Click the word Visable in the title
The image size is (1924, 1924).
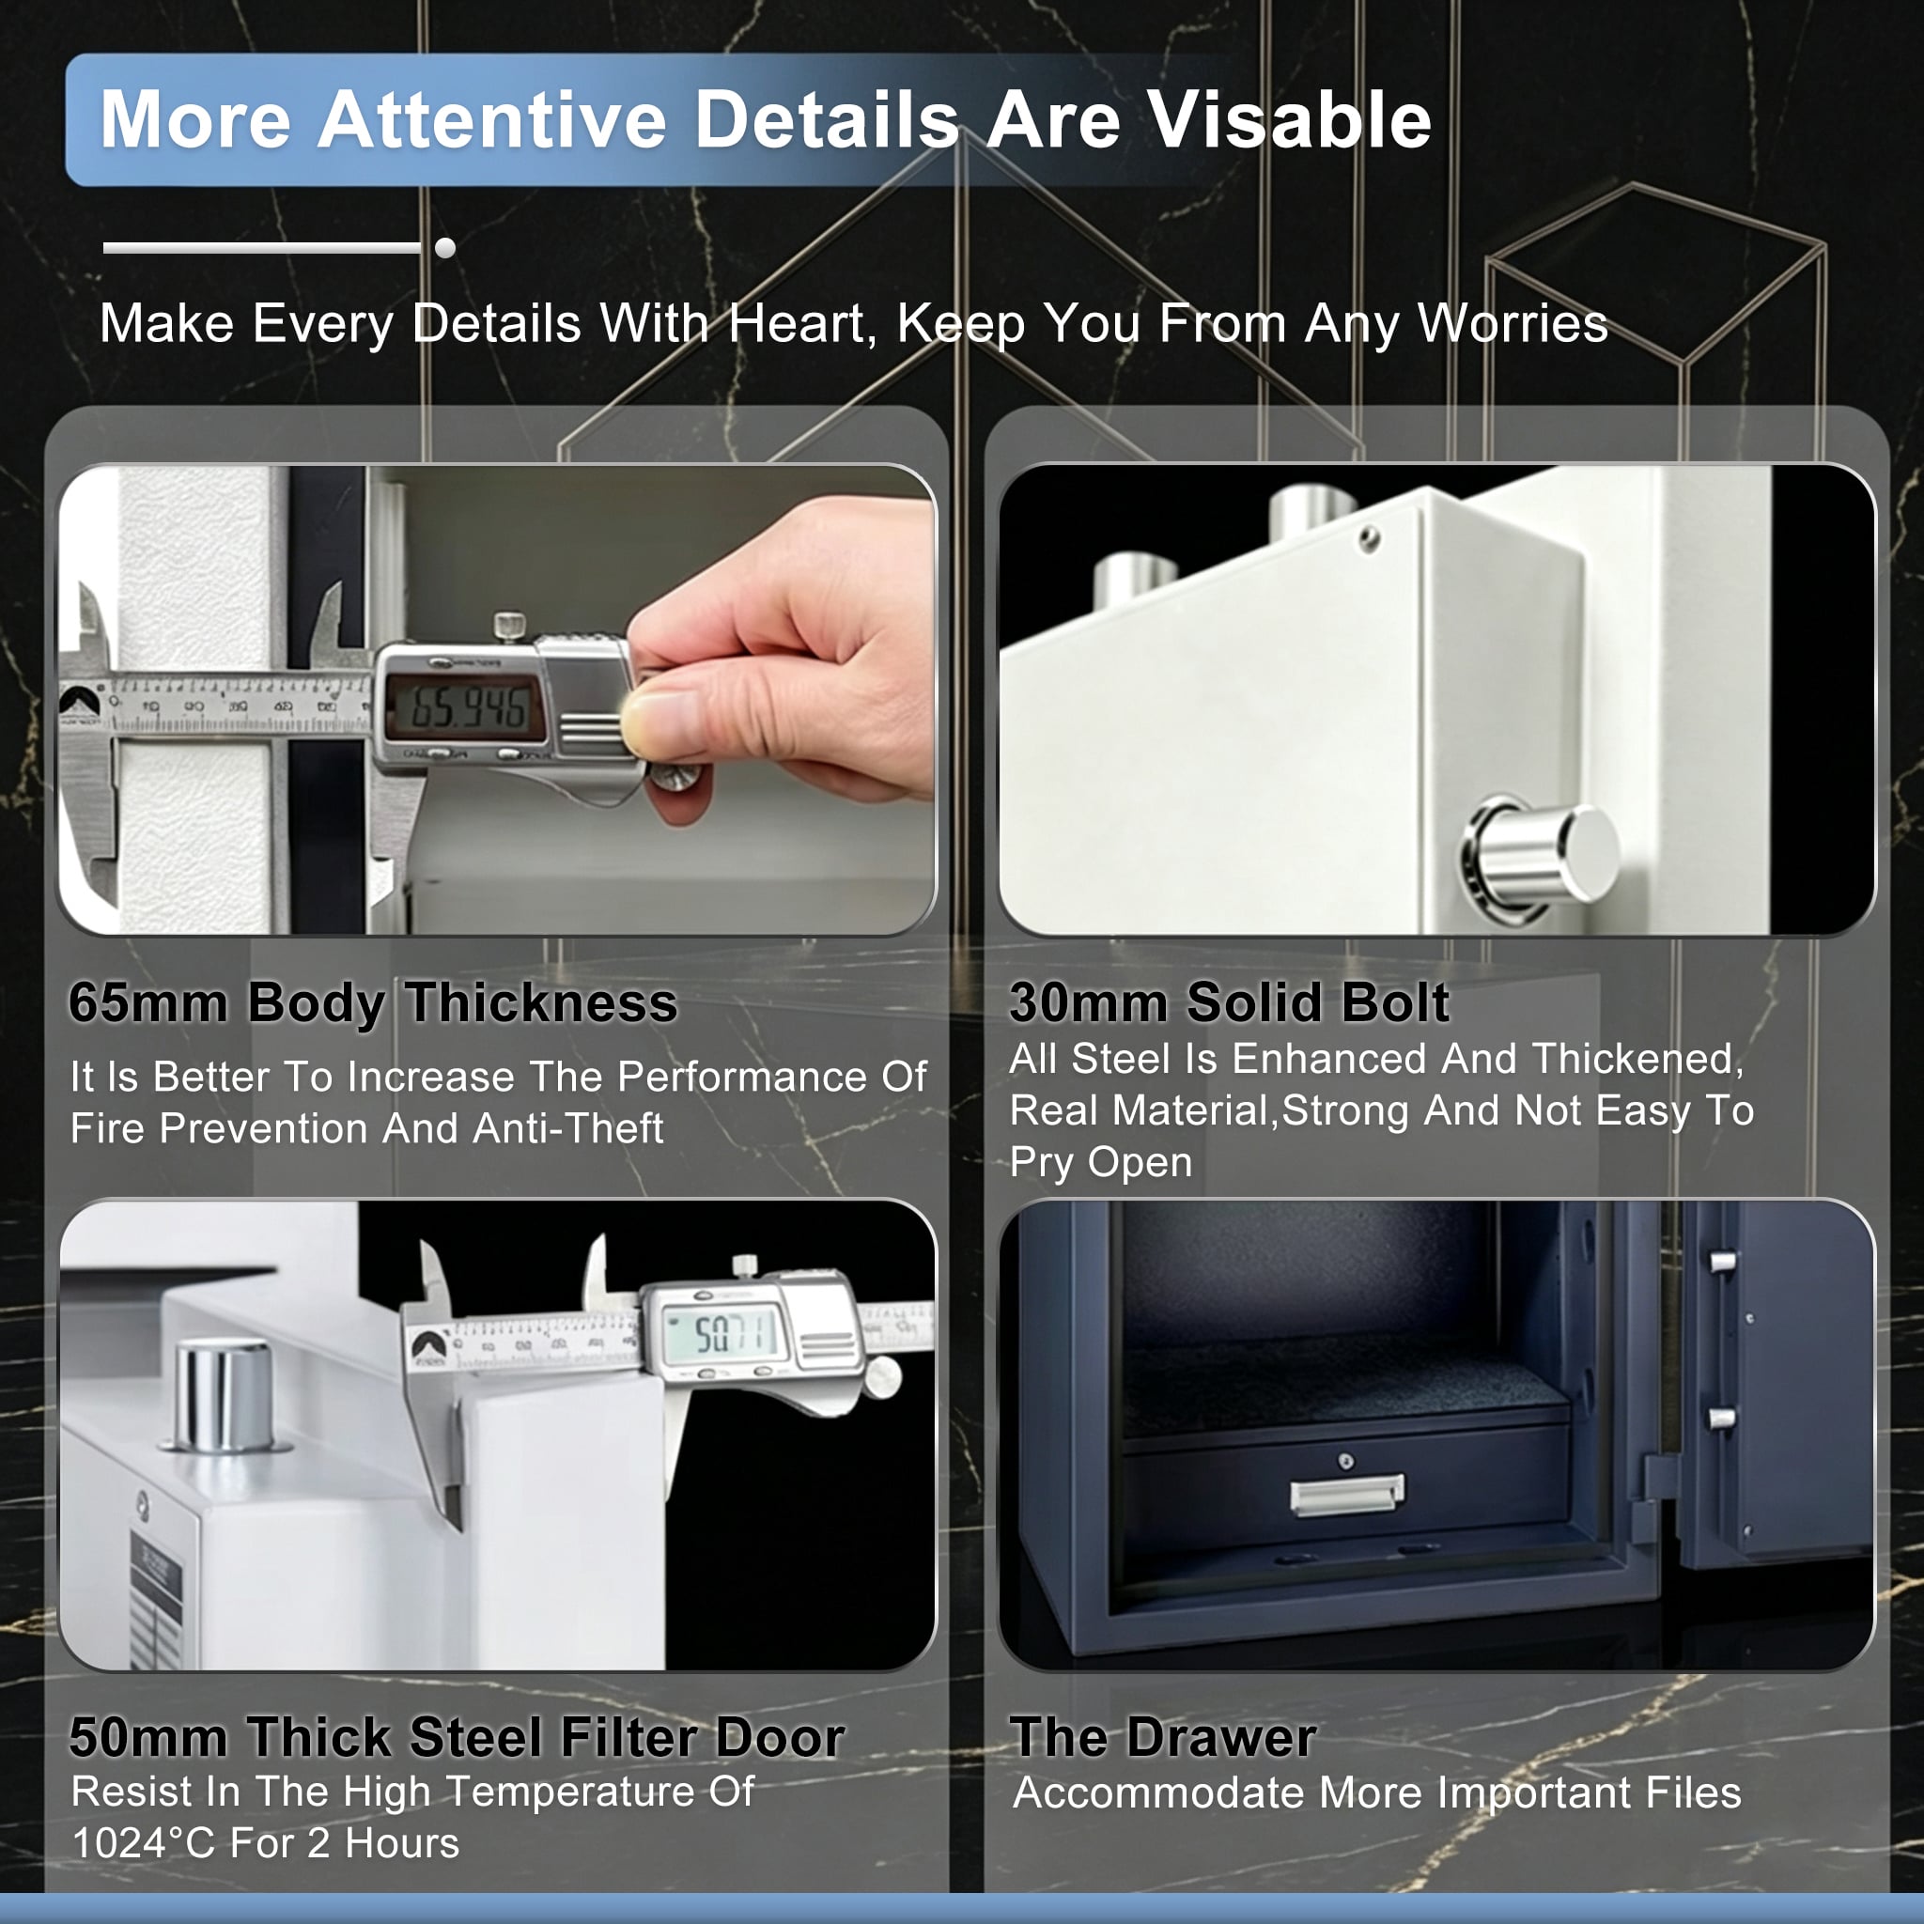[x=1290, y=119]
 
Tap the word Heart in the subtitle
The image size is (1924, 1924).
[x=801, y=324]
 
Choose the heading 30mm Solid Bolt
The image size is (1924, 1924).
[x=1229, y=1001]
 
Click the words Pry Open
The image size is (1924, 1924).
[x=1100, y=1162]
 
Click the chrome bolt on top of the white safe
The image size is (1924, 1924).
[x=225, y=1394]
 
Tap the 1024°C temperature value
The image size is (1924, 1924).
[x=144, y=1843]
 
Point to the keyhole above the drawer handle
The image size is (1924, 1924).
[x=1346, y=1461]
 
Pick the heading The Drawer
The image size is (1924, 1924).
[x=1163, y=1738]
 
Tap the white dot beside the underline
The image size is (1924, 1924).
[x=445, y=248]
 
